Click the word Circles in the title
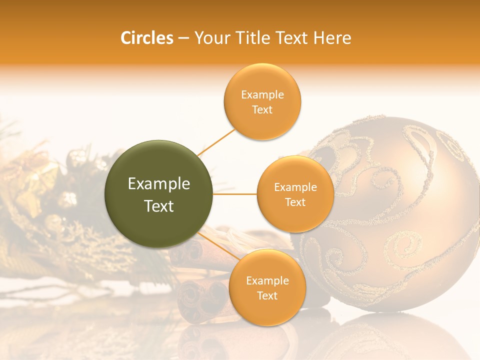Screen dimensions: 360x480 (x=146, y=37)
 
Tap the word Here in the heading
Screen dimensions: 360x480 (x=332, y=37)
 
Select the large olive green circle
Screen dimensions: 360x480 (x=158, y=194)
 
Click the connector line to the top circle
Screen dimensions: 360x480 (x=216, y=142)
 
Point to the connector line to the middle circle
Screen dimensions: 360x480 (x=235, y=194)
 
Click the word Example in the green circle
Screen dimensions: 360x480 (x=158, y=184)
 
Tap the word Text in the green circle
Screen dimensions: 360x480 (x=158, y=206)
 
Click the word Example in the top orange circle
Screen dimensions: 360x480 (x=262, y=95)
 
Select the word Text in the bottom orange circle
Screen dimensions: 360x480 (x=267, y=296)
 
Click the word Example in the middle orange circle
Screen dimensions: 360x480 (x=295, y=187)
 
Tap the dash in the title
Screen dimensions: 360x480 (x=183, y=38)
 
